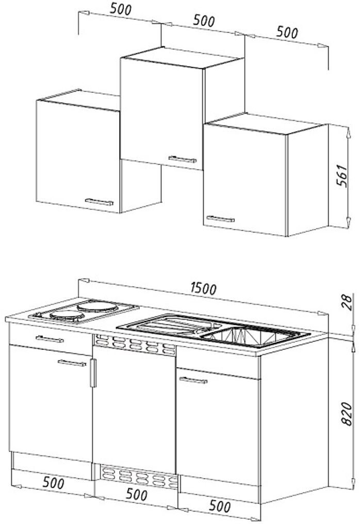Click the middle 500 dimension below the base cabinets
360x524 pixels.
[136, 495]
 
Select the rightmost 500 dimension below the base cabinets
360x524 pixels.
[220, 506]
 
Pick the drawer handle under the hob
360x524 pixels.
[50, 339]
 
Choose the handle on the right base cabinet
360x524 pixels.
[193, 380]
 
